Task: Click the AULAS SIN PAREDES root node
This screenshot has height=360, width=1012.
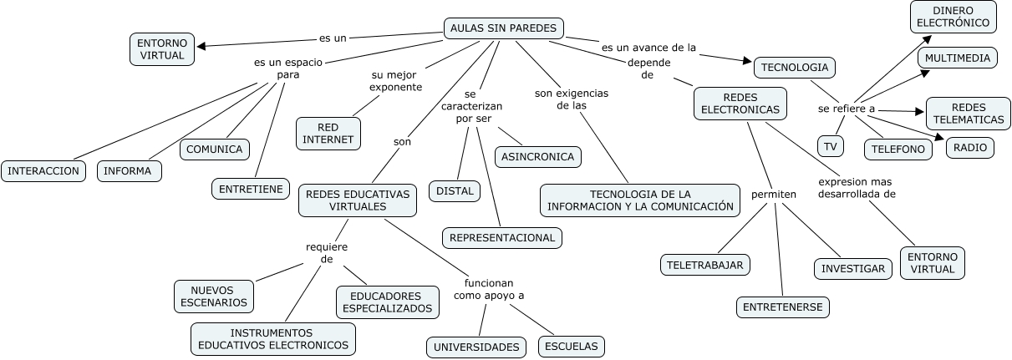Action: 503,28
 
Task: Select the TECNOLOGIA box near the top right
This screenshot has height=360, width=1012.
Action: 794,67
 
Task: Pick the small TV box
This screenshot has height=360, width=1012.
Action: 830,147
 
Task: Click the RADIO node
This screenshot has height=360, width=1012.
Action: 969,148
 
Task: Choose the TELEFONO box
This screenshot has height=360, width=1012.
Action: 898,149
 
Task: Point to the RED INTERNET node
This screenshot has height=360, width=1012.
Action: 328,133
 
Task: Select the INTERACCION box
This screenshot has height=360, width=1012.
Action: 43,171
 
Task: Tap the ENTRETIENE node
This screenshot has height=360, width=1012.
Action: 250,189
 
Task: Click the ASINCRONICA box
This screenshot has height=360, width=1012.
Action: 538,156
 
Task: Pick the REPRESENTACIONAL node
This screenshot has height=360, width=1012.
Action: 501,237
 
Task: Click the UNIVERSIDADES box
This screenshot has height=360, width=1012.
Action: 476,347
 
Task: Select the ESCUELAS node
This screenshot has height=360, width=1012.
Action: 571,347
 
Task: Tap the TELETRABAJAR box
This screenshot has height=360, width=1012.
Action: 704,265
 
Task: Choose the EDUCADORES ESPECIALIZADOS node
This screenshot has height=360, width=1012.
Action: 388,302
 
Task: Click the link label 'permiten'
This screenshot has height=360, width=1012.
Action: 773,195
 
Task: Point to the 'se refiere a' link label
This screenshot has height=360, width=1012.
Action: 846,109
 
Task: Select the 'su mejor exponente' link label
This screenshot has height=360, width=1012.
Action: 395,81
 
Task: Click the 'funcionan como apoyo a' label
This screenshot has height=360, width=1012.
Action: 489,289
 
